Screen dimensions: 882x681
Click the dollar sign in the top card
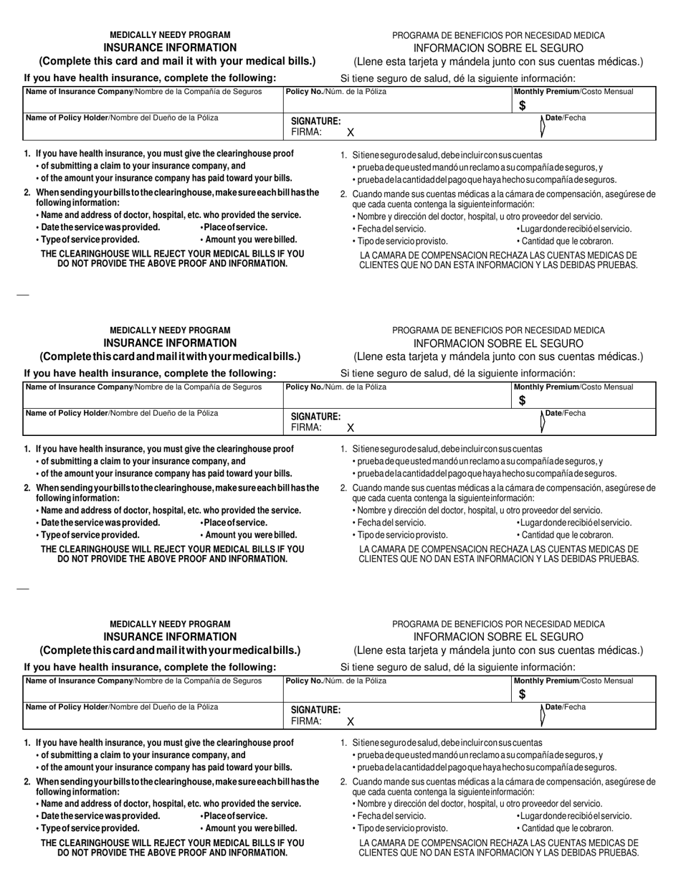click(523, 106)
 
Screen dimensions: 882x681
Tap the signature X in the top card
click(351, 133)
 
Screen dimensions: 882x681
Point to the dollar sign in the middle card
click(523, 402)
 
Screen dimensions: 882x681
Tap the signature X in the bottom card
click(351, 722)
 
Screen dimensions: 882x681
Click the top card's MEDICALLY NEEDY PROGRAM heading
click(170, 34)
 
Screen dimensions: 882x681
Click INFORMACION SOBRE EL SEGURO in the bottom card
click(498, 637)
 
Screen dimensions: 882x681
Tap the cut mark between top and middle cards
click(22, 295)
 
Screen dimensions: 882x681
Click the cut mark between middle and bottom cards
click(22, 589)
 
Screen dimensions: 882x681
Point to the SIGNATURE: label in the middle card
click(315, 417)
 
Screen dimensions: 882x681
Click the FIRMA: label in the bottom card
click(306, 722)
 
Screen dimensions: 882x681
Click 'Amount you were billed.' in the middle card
click(249, 535)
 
